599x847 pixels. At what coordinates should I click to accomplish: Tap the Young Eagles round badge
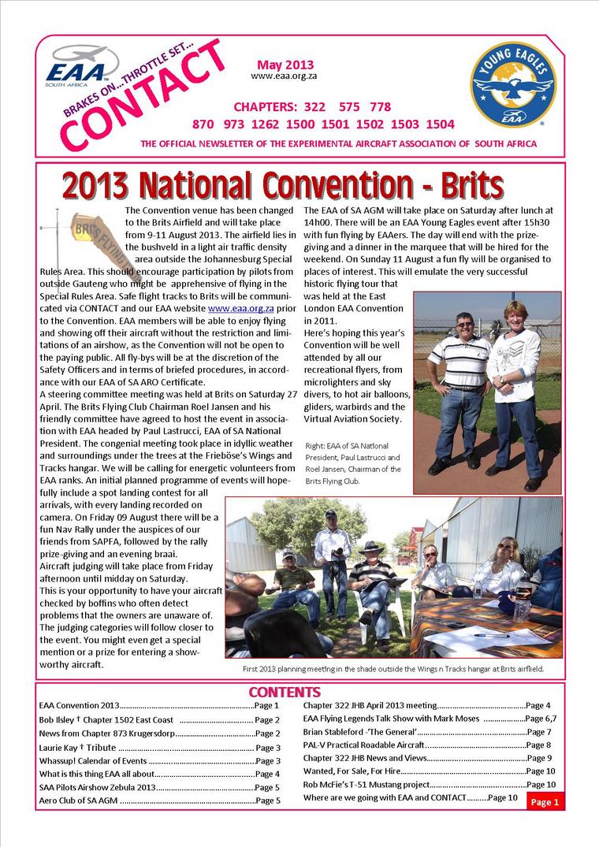click(x=514, y=84)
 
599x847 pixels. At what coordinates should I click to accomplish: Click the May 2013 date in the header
click(x=285, y=65)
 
